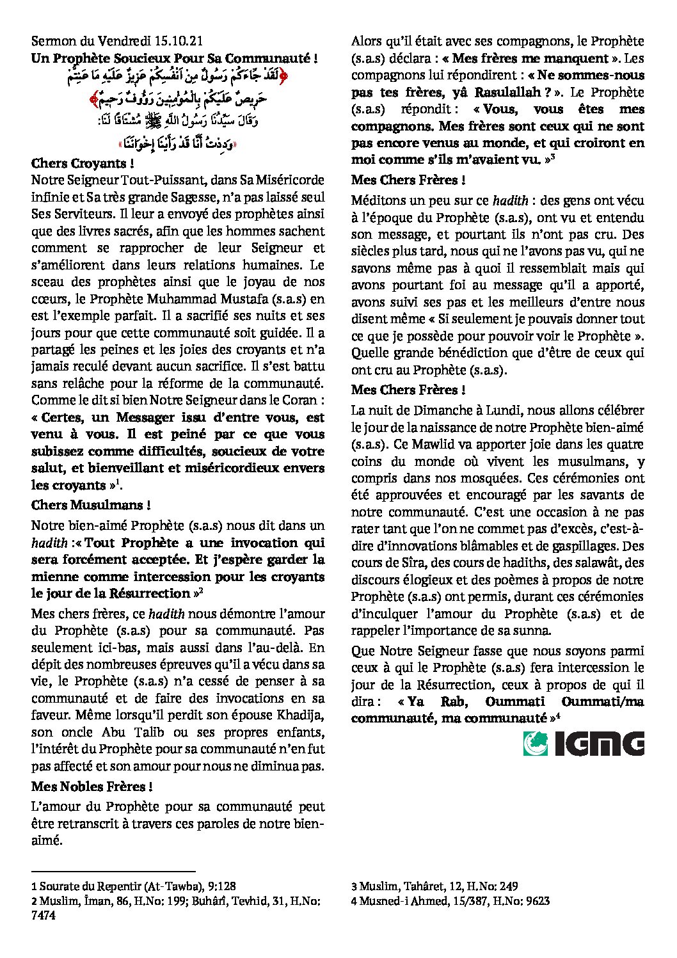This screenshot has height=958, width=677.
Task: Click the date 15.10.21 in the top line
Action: point(179,42)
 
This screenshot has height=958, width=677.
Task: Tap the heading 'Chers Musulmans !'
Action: point(91,505)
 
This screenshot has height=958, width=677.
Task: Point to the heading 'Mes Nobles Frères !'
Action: point(92,786)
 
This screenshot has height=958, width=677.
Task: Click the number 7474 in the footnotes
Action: point(43,916)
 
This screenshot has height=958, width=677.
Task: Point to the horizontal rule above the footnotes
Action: point(113,871)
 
